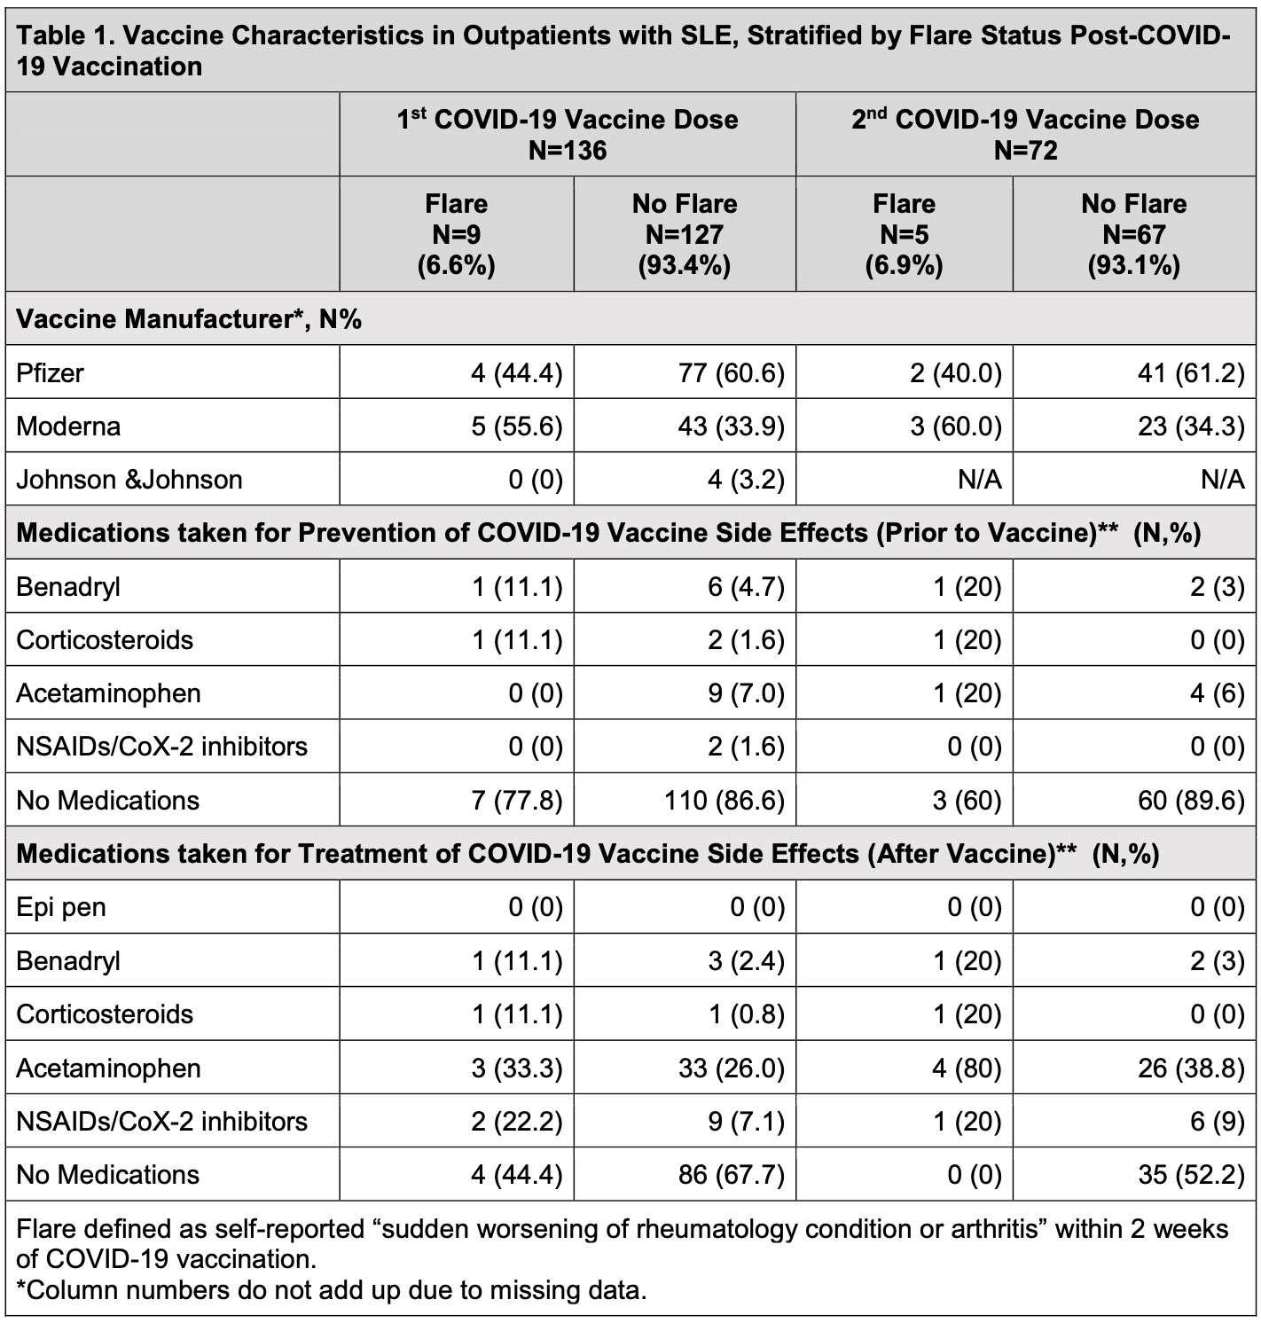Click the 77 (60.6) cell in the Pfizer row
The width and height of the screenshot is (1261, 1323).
[x=732, y=373]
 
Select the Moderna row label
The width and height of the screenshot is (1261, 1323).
[x=68, y=427]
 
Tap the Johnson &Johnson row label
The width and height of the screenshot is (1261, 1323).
[x=129, y=480]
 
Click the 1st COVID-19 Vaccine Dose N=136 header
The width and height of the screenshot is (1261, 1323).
[x=568, y=134]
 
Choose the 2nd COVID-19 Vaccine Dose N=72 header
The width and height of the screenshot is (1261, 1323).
[x=1025, y=134]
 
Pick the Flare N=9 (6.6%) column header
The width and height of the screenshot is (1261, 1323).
[x=456, y=234]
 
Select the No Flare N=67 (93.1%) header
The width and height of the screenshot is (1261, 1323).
[x=1133, y=234]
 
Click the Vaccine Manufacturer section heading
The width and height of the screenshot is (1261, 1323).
[x=189, y=319]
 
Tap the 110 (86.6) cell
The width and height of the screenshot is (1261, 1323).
[x=724, y=801]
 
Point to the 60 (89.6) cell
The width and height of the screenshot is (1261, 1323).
[x=1191, y=801]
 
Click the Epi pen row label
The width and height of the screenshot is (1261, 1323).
[x=61, y=907]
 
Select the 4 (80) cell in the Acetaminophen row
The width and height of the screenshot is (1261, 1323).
[x=966, y=1068]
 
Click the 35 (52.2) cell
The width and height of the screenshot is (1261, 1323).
[x=1191, y=1175]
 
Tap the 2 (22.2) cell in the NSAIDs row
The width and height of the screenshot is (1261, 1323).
[x=517, y=1122]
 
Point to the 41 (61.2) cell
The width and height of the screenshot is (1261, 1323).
[x=1191, y=373]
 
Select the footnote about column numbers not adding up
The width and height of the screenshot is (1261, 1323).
[x=332, y=1289]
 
